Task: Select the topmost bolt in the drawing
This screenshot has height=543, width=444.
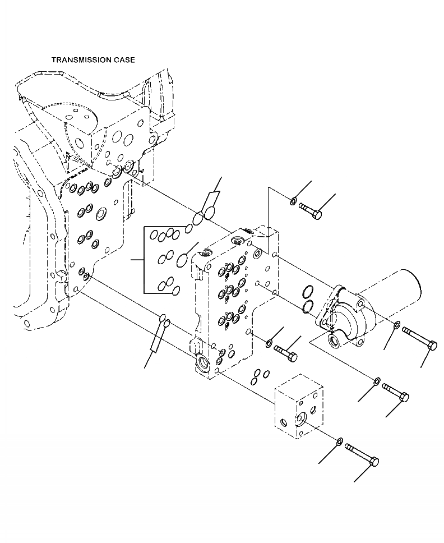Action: [309, 210]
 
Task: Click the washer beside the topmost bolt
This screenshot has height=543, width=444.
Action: [294, 201]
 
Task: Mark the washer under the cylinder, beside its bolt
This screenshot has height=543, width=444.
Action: [396, 325]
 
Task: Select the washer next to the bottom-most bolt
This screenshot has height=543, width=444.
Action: [340, 442]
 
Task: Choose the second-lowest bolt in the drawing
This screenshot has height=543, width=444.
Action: [395, 391]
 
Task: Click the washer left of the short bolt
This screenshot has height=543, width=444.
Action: [269, 342]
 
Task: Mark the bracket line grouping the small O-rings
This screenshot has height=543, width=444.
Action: [145, 260]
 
